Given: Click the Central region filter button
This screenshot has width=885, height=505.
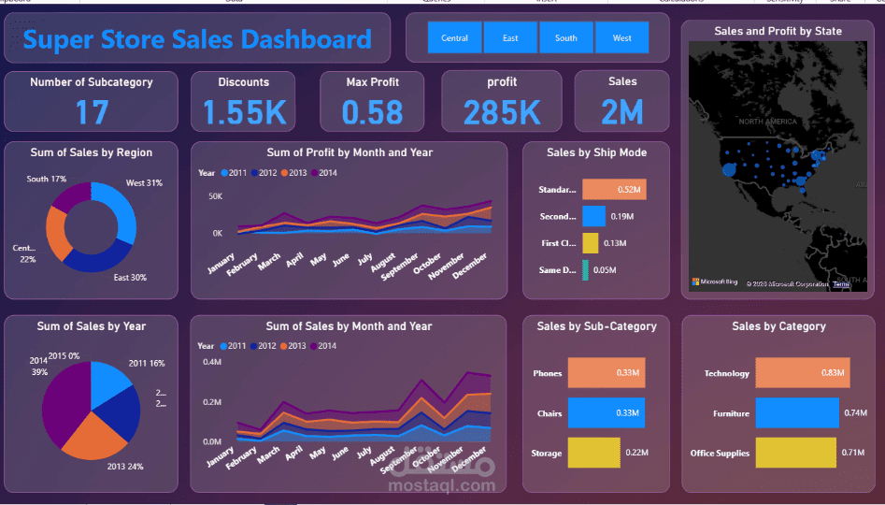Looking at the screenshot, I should [x=455, y=38].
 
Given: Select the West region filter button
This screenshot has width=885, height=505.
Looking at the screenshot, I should [x=621, y=38].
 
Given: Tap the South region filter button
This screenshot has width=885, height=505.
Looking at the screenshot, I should [x=566, y=38].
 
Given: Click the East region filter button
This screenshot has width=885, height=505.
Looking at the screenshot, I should [x=510, y=38].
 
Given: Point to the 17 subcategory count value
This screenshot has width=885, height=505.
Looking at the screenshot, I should [x=92, y=113].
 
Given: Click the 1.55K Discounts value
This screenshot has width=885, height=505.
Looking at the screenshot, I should [x=244, y=113].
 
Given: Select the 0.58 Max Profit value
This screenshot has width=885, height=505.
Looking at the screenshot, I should [x=372, y=113].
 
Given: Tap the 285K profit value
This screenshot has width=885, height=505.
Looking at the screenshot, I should [x=502, y=113].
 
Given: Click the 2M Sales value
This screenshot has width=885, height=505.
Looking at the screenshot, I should [x=621, y=113].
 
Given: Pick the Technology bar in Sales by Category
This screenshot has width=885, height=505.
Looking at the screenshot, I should [x=802, y=373].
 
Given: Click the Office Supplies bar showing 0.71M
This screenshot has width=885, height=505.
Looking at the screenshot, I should [x=795, y=453].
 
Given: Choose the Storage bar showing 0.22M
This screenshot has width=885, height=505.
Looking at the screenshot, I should [x=593, y=453].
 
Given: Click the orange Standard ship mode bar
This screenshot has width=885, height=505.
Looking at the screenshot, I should [x=614, y=190].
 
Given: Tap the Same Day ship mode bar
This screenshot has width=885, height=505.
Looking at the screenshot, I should [x=586, y=270].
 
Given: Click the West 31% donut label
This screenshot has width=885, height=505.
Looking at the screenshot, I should [x=144, y=183].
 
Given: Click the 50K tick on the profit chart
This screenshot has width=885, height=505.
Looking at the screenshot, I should [x=215, y=196].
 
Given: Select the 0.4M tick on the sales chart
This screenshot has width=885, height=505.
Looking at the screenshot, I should [x=212, y=362].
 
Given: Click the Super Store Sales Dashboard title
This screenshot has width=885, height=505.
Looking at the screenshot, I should [x=197, y=39].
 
